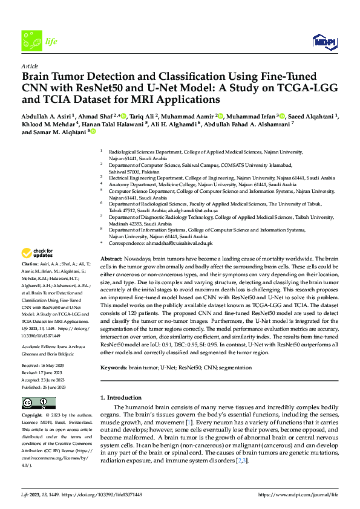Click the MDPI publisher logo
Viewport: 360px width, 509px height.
324,41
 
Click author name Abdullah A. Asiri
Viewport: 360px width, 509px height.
46,116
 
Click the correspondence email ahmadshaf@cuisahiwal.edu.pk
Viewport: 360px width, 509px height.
180,243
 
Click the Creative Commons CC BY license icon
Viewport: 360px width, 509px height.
34,403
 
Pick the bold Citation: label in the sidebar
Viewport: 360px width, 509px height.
31,265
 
